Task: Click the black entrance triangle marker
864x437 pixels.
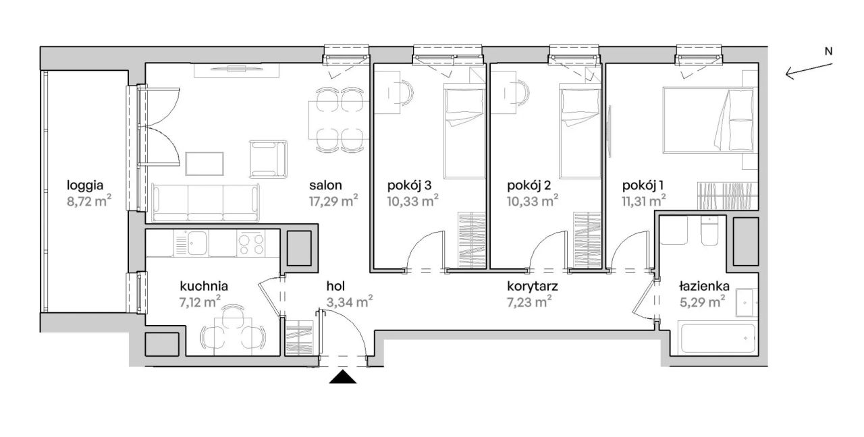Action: [x=343, y=377]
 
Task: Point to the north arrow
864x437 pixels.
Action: [x=809, y=69]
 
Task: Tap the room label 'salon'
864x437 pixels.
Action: [x=325, y=185]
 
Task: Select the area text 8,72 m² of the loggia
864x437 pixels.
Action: [x=89, y=201]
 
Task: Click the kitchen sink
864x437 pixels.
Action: [x=196, y=243]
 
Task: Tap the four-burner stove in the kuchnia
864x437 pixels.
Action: [x=251, y=243]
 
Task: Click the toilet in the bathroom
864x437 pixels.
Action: [x=709, y=231]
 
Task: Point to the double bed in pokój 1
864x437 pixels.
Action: [x=708, y=120]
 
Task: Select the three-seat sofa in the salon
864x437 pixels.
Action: [x=206, y=203]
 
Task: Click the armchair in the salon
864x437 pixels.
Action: [x=268, y=158]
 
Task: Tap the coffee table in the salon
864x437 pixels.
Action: [x=205, y=164]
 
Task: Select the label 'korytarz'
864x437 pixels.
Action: [x=533, y=287]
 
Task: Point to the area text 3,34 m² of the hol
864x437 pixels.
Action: [x=350, y=301]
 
